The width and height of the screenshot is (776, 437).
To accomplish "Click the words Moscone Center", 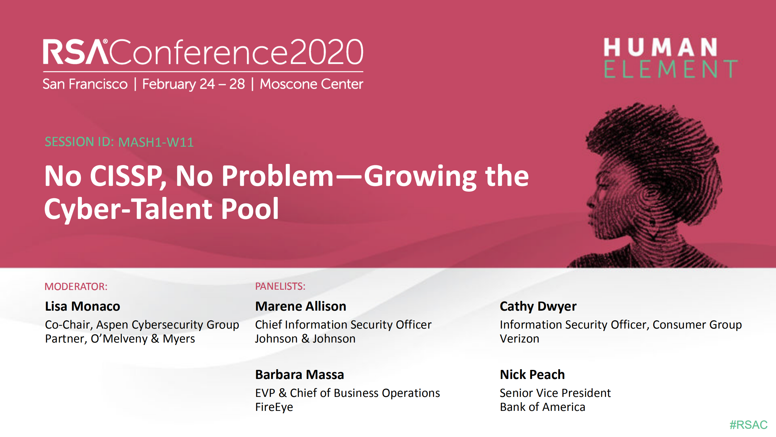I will click(x=311, y=84).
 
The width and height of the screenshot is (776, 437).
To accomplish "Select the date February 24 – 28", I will click(x=193, y=84).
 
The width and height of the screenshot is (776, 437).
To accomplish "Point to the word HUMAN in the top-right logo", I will click(x=660, y=47).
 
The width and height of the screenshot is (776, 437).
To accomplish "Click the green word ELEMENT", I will click(x=670, y=69).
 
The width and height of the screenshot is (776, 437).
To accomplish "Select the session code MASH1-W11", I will click(x=156, y=142).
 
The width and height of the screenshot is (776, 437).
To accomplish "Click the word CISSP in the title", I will click(x=127, y=176).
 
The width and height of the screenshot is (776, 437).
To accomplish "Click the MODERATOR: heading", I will click(x=76, y=286).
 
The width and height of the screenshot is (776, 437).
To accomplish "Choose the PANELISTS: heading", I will click(x=280, y=286).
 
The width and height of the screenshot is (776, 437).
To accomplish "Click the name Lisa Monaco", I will click(x=82, y=306).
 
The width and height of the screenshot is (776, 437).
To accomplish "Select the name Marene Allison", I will click(x=301, y=306).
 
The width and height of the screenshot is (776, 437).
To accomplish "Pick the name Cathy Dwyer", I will click(x=538, y=306).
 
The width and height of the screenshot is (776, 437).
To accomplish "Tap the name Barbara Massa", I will click(x=300, y=374).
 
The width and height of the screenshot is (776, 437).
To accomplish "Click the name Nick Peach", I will click(x=532, y=374).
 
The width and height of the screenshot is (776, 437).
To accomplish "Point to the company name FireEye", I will click(x=274, y=407).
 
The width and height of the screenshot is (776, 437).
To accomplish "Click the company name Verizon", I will click(x=519, y=339).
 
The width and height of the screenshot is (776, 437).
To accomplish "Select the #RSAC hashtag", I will click(x=748, y=425).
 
